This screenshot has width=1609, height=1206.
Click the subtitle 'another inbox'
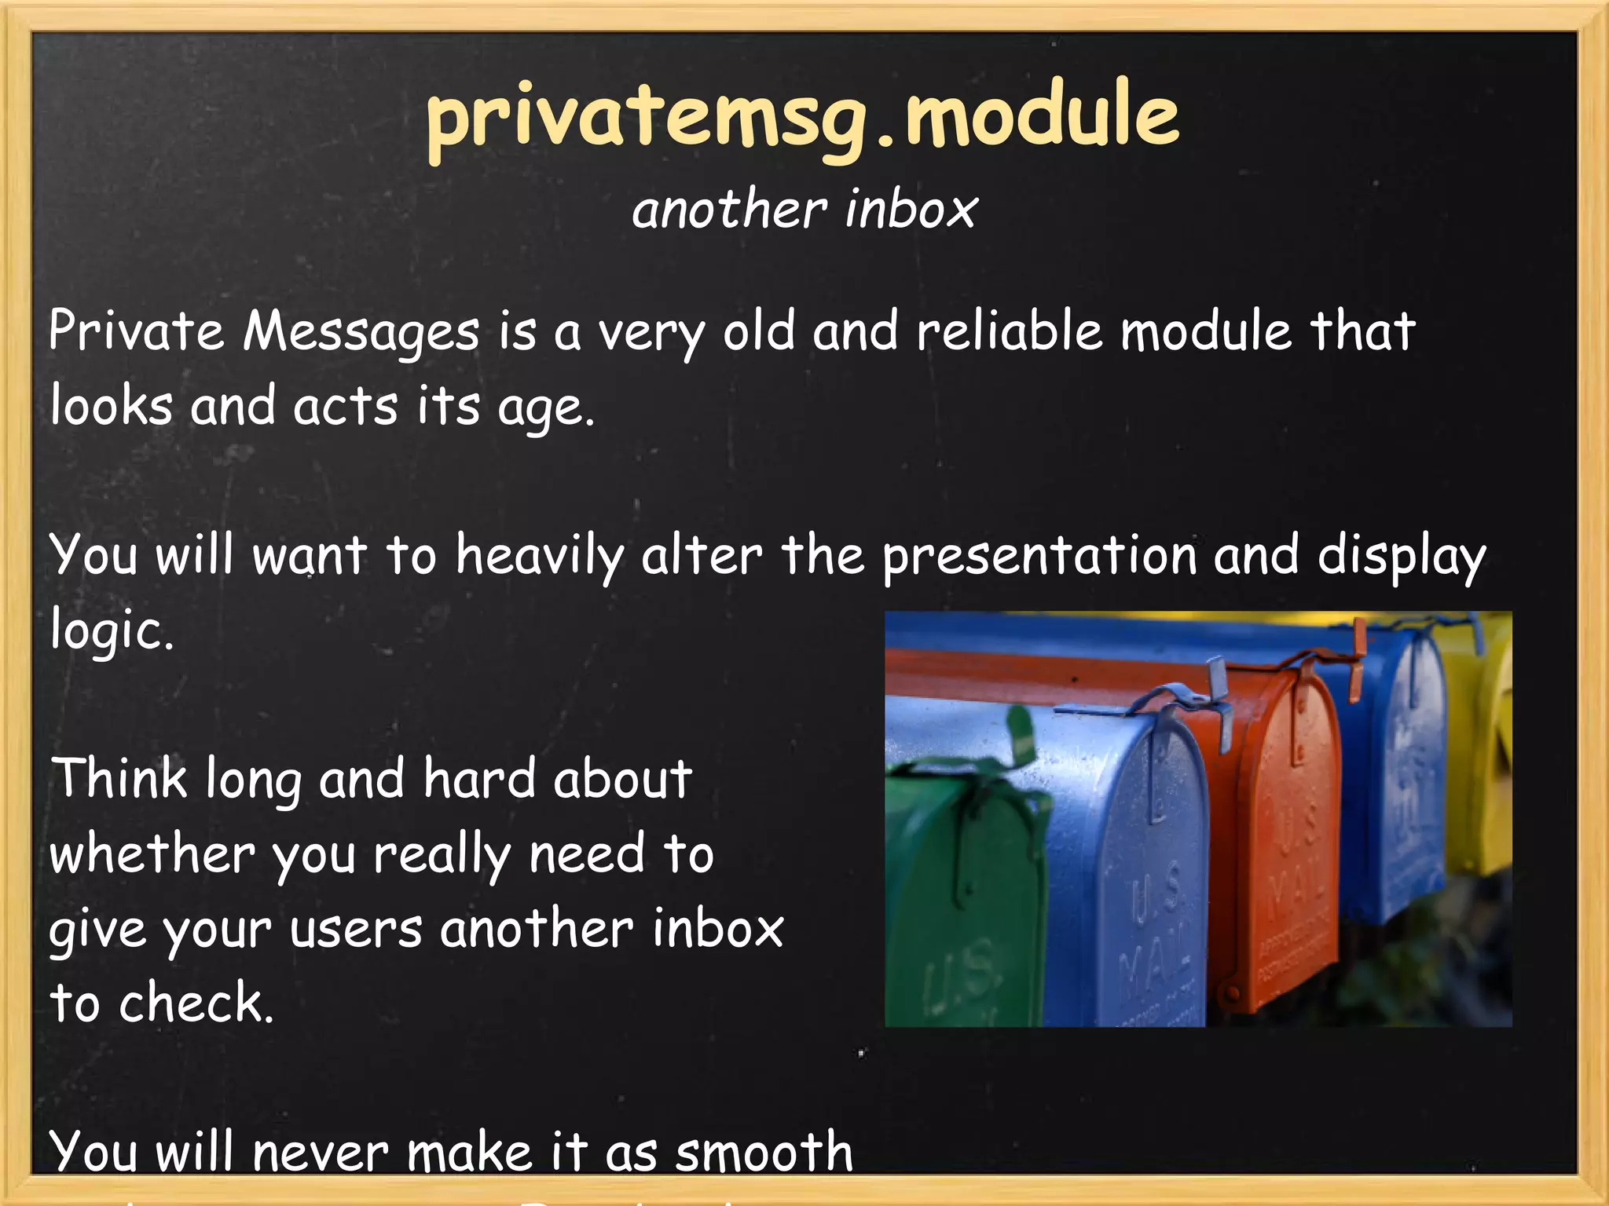804,210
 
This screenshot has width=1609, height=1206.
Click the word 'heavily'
540,556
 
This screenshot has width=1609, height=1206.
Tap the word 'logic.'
111,630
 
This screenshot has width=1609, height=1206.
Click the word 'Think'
119,779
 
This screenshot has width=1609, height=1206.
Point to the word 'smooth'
764,1152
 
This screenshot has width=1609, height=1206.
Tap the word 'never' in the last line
321,1152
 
